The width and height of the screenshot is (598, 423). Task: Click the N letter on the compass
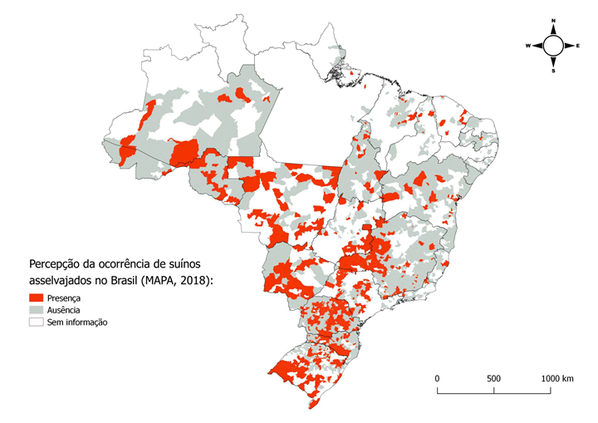[553, 20]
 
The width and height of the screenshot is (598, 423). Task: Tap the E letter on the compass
[578, 46]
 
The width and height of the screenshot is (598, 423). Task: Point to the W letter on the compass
[527, 46]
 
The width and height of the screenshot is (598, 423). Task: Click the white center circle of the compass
[553, 46]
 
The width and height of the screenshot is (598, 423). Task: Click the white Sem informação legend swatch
[37, 322]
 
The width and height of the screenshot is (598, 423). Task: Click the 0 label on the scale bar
[438, 378]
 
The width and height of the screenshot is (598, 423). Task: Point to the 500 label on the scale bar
[493, 378]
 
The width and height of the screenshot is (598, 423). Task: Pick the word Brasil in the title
[124, 280]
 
